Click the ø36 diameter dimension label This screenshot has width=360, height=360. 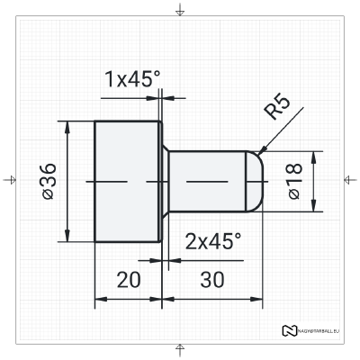pyautogui.click(x=49, y=181)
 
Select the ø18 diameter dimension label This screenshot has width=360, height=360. pyautogui.click(x=295, y=181)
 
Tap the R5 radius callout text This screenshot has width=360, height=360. pyautogui.click(x=278, y=108)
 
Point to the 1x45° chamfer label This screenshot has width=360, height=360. pyautogui.click(x=132, y=79)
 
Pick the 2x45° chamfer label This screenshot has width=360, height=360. pyautogui.click(x=213, y=241)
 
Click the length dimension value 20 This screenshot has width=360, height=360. pyautogui.click(x=129, y=280)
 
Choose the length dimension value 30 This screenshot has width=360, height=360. pyautogui.click(x=212, y=280)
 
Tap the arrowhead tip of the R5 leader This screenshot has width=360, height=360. pyautogui.click(x=258, y=154)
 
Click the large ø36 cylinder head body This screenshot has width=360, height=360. pyautogui.click(x=127, y=181)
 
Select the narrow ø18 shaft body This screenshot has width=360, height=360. pyautogui.click(x=207, y=181)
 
